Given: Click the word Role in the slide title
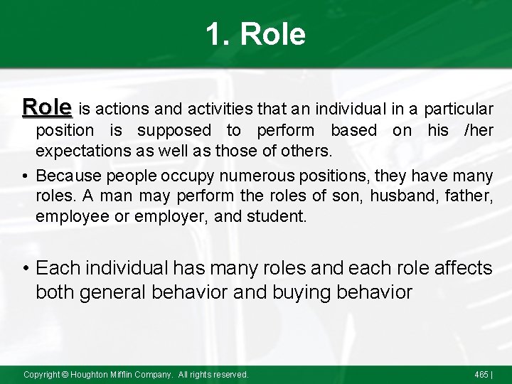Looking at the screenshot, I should (273, 34).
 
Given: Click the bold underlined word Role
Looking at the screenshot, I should (47, 107).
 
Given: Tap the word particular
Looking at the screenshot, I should (459, 110).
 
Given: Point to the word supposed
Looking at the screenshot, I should (174, 132).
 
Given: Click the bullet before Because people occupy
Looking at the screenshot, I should (26, 175).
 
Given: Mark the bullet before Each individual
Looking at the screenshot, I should (26, 268).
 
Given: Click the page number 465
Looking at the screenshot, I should (481, 375).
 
